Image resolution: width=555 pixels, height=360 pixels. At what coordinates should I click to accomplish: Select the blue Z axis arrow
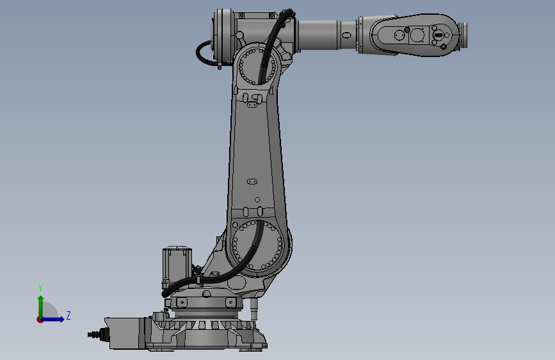[x=56, y=319]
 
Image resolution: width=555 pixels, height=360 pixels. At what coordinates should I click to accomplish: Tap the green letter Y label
[x=40, y=288]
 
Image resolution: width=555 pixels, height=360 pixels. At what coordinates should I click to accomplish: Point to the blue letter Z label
[x=68, y=315]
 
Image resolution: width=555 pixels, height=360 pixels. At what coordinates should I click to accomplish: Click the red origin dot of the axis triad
[x=40, y=320]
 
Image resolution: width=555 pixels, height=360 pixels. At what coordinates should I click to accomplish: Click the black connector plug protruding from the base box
[x=95, y=334]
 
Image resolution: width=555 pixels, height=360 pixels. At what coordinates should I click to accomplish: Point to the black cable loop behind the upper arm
[x=204, y=53]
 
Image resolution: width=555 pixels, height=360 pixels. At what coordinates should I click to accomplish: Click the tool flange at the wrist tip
[x=464, y=35]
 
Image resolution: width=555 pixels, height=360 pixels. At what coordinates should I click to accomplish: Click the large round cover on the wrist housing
[x=417, y=35]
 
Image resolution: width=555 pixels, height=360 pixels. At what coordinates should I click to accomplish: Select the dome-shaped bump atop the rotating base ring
[x=206, y=294]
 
